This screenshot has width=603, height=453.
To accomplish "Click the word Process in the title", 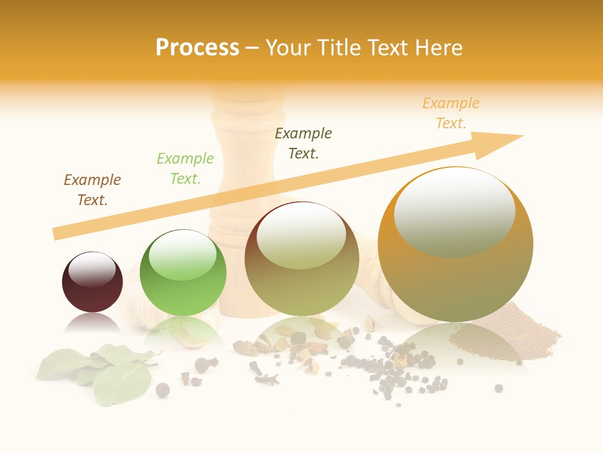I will [197, 48].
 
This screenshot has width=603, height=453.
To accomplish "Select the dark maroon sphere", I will [92, 293].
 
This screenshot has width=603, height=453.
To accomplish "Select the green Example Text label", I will [185, 169].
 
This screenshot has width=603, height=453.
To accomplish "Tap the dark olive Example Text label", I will [303, 143].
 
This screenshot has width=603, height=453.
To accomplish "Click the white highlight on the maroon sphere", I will [92, 269].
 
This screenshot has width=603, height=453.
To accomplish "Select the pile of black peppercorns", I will [396, 371].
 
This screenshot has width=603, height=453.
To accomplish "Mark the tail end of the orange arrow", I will [57, 233].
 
